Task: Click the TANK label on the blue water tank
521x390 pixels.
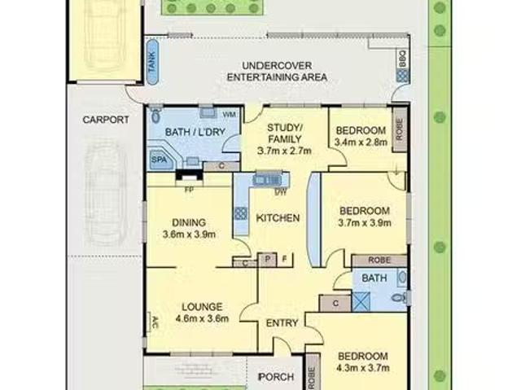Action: click(152, 62)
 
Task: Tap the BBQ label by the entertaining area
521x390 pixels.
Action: click(402, 59)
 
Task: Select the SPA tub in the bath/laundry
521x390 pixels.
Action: click(160, 159)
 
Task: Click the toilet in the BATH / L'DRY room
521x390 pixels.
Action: click(155, 115)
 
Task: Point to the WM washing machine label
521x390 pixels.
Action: click(230, 115)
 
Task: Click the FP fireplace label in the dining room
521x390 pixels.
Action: click(189, 191)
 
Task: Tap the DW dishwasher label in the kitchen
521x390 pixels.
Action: click(280, 191)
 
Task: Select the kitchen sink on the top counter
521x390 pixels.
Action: click(267, 179)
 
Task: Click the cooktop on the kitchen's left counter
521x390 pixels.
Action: click(241, 213)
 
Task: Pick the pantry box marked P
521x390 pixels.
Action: click(268, 259)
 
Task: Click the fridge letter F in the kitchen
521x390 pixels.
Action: click(284, 259)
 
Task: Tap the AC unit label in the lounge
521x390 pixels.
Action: click(155, 322)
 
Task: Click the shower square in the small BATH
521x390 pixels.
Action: click(361, 301)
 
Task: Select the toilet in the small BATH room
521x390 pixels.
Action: click(400, 297)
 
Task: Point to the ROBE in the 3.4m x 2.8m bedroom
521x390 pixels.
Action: click(400, 129)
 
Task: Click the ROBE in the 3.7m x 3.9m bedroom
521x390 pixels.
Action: click(379, 260)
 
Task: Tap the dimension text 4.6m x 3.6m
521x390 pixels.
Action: click(202, 318)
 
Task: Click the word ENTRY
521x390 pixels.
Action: click(282, 323)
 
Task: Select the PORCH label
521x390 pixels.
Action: click(277, 377)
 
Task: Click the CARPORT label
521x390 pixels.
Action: click(106, 120)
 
